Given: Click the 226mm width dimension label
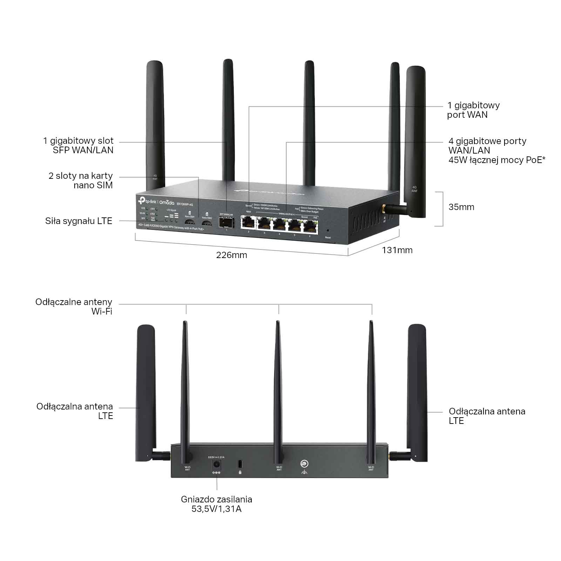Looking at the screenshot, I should click(x=231, y=255).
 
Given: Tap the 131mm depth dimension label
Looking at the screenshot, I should click(x=397, y=250).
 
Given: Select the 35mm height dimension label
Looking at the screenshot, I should click(x=461, y=207).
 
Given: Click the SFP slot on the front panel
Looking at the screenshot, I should click(x=226, y=222).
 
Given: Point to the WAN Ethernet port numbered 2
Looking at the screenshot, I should click(x=248, y=223).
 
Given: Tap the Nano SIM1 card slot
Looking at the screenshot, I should click(x=190, y=222).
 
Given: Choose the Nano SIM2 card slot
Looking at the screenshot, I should click(x=207, y=222).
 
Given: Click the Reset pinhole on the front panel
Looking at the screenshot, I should click(x=327, y=231).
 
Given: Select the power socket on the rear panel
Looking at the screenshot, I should click(x=216, y=465).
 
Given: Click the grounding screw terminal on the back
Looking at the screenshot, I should click(x=304, y=464).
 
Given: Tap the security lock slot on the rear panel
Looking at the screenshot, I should click(x=240, y=464).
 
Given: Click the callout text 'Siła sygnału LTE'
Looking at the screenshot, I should click(x=79, y=221).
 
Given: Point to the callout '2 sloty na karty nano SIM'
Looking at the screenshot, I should click(x=81, y=180).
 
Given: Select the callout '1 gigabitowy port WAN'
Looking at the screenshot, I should click(x=473, y=110).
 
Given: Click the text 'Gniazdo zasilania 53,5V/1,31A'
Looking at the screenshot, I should click(x=216, y=504).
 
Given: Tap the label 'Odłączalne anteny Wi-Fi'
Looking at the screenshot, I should click(x=74, y=306).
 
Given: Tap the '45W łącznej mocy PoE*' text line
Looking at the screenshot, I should click(x=496, y=160).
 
